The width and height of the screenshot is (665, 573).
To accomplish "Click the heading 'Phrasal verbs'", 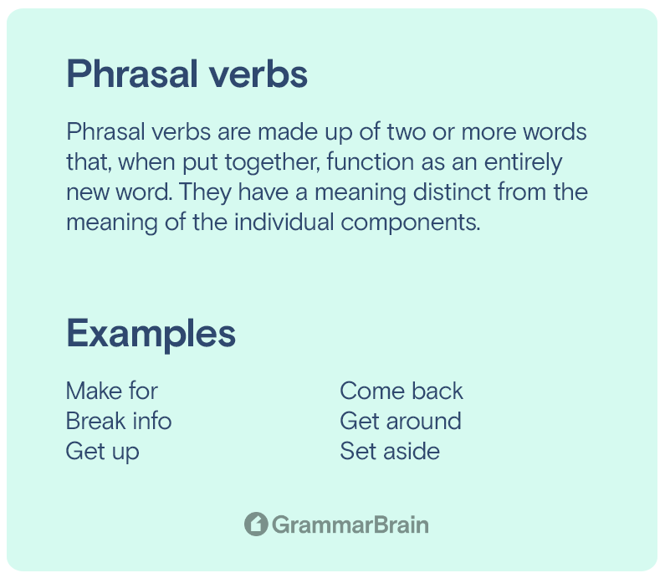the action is [x=187, y=74].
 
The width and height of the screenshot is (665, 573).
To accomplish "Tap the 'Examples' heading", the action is [x=151, y=335].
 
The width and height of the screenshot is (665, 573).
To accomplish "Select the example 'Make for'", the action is [x=112, y=391].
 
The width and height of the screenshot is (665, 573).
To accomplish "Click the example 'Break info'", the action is [x=119, y=421].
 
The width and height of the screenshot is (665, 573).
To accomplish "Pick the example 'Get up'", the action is [x=103, y=452].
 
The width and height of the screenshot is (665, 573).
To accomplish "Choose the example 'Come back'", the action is [x=402, y=391].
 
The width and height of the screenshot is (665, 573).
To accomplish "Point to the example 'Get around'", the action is [x=401, y=421].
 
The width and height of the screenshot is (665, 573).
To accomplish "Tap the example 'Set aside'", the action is [x=390, y=451].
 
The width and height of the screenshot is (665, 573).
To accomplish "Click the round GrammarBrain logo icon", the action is [x=256, y=524].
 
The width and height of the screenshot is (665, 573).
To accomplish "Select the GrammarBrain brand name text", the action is [x=350, y=524].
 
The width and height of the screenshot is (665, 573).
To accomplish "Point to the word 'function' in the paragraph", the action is [x=371, y=161].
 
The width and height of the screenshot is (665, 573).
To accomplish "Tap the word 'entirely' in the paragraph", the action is [x=524, y=163].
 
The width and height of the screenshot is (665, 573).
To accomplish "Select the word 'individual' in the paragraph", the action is [x=284, y=222].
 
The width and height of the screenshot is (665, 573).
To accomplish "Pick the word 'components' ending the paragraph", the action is [x=411, y=223].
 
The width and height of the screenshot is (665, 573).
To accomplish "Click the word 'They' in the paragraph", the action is [x=206, y=193].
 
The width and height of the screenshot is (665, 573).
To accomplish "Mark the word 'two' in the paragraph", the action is [x=407, y=132].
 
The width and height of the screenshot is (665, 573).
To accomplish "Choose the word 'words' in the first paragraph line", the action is [x=555, y=131].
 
